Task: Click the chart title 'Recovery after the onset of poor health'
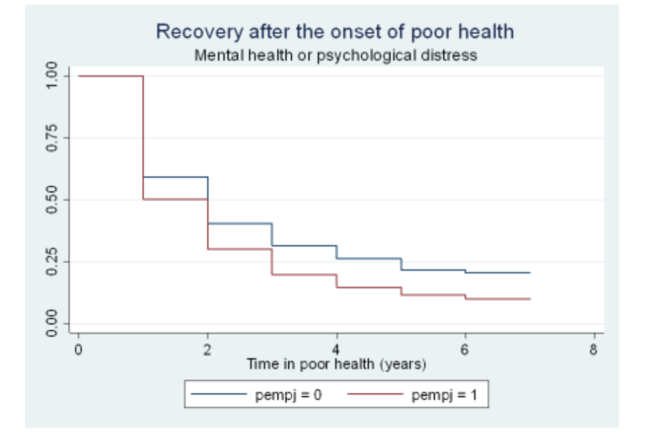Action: (x=335, y=32)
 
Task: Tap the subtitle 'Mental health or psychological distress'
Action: (x=335, y=56)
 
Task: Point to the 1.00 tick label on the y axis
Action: (x=48, y=76)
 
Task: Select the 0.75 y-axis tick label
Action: (x=48, y=138)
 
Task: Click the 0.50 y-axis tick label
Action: (x=48, y=200)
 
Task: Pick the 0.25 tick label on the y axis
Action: (x=48, y=262)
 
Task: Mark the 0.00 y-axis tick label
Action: (x=48, y=324)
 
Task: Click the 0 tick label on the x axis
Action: (x=79, y=349)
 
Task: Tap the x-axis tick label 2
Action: (x=207, y=349)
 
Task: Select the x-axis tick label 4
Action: (x=337, y=349)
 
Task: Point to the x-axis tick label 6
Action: (x=465, y=349)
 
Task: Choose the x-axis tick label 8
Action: (x=594, y=349)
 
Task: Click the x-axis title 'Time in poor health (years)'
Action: (x=336, y=364)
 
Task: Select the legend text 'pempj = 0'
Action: (x=288, y=394)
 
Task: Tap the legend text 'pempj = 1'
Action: (x=446, y=394)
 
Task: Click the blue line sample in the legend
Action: (x=219, y=394)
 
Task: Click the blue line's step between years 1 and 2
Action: (x=175, y=177)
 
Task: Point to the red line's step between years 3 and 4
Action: (x=304, y=275)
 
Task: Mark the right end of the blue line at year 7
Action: (x=529, y=273)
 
